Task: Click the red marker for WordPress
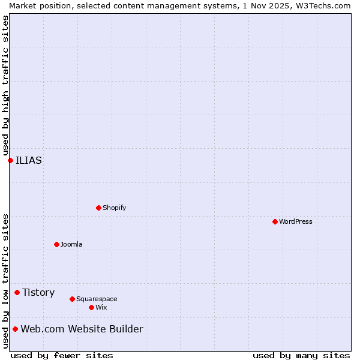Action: (275, 221)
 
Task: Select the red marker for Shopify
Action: (98, 208)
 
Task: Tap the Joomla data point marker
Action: (56, 244)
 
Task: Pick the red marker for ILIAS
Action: (10, 160)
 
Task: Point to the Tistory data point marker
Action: (17, 292)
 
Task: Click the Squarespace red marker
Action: (72, 299)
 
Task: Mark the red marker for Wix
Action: (91, 307)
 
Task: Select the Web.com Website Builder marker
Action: (15, 329)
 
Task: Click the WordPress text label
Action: (296, 221)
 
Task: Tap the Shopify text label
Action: (114, 208)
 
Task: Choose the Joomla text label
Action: (71, 244)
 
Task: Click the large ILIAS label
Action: (29, 160)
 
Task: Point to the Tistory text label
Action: (38, 292)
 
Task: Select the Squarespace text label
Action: (97, 299)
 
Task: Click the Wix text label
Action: (101, 307)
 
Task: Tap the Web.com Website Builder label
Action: (82, 329)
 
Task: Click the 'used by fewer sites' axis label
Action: (62, 355)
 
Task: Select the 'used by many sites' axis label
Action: (301, 355)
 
